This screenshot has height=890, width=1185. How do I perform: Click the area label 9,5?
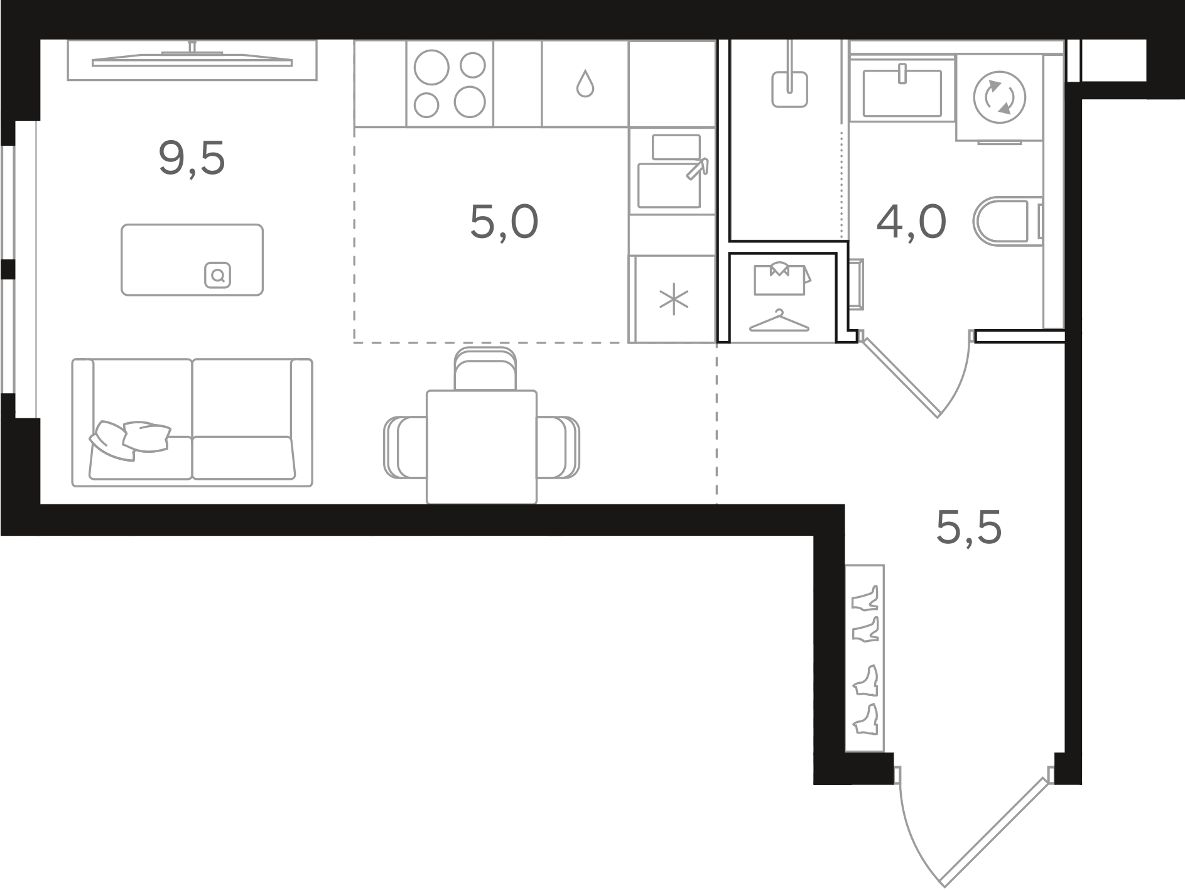pyautogui.click(x=192, y=160)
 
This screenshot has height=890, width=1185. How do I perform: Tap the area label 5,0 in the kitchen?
pyautogui.click(x=504, y=222)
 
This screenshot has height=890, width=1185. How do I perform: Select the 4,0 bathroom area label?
pyautogui.click(x=911, y=222)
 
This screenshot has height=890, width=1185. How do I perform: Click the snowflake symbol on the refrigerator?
pyautogui.click(x=674, y=299)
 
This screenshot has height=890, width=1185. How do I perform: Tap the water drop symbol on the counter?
pyautogui.click(x=585, y=84)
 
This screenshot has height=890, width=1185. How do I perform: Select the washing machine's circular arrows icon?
pyautogui.click(x=998, y=98)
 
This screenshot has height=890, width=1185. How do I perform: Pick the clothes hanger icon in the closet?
pyautogui.click(x=779, y=321)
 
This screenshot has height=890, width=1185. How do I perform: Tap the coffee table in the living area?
pyautogui.click(x=192, y=259)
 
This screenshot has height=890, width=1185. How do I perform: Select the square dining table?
pyautogui.click(x=482, y=447)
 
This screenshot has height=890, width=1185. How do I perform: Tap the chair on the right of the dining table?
pyautogui.click(x=558, y=447)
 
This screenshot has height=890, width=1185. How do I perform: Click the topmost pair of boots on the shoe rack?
pyautogui.click(x=865, y=599)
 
